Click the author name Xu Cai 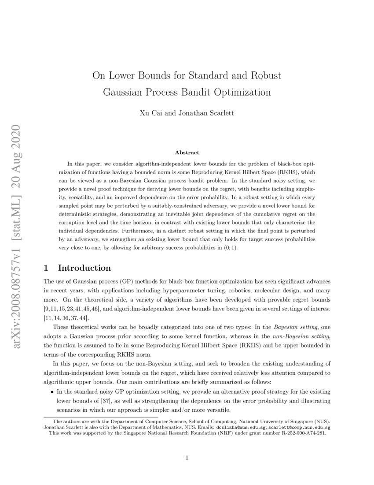(x=150, y=112)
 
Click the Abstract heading (x=187, y=153)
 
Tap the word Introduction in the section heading (x=84, y=268)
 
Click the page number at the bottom (x=187, y=458)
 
